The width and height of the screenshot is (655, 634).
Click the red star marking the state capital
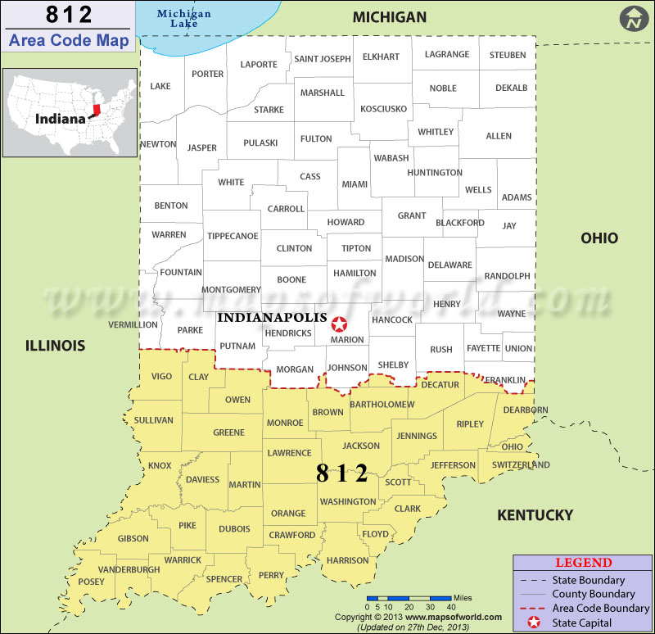339,325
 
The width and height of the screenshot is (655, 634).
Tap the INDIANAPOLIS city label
272,317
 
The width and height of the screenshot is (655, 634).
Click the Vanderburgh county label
129,569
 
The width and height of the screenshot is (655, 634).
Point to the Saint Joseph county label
323,58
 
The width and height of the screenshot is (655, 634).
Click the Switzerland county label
520,464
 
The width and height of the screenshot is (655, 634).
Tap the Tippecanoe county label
233,236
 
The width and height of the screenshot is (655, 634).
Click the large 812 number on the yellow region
342,473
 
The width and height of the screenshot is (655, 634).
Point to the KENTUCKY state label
535,515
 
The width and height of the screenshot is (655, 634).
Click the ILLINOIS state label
55,346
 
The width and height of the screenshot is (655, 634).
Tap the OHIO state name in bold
599,238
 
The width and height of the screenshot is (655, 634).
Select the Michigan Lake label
183,19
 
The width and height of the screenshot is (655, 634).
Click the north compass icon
633,19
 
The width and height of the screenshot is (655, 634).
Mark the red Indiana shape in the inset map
97,110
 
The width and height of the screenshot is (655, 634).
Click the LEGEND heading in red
583,563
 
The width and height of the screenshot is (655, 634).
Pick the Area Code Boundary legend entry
601,608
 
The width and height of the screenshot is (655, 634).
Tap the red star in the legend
535,623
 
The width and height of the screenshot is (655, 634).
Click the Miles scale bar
409,599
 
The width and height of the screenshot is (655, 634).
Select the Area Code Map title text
69,40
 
